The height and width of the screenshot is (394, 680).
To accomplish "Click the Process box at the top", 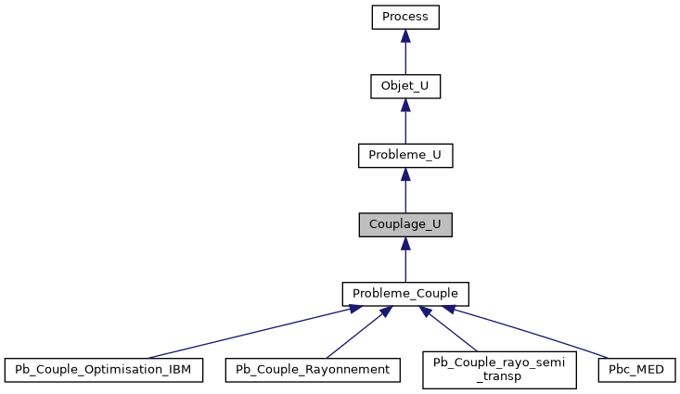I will coord(404,18).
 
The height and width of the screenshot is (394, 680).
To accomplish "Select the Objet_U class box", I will coord(404,87).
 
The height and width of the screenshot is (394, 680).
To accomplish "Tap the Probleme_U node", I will coord(404,156).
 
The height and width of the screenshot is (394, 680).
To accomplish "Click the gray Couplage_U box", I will coord(404,225).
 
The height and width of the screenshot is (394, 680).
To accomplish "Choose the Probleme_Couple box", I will coord(404,294).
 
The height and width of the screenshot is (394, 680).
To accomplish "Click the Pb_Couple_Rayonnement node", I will coord(314,370).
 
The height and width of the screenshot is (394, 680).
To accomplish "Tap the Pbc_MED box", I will coord(636,370).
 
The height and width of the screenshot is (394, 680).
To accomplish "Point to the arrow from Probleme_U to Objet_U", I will coord(404,125).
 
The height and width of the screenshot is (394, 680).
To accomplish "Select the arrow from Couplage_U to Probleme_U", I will coord(404,195).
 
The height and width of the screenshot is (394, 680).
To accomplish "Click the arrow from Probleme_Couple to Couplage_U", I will coord(404,264).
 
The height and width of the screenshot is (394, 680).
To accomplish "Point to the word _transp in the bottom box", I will coord(499,377).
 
